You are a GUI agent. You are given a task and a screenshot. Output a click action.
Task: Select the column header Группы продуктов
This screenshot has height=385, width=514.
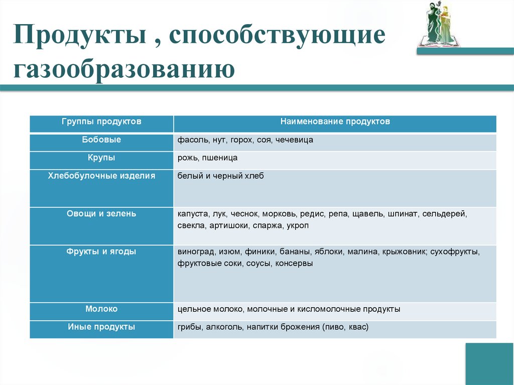tap(101, 121)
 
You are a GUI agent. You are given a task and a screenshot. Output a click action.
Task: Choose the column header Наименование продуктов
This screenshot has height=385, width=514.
tap(335, 121)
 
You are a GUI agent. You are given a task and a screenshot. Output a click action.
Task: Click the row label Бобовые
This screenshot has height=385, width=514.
tap(101, 140)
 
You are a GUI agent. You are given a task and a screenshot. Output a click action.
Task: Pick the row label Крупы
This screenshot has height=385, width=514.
tap(101, 158)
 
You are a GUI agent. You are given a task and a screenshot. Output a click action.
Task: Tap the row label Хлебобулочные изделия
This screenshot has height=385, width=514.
tap(101, 176)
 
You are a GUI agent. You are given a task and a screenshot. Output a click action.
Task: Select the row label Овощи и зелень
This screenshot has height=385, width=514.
tap(101, 213)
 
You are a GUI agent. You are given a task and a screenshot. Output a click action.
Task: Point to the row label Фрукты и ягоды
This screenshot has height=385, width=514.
tap(101, 251)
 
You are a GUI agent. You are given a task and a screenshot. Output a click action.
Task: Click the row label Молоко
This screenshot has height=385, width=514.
tap(101, 309)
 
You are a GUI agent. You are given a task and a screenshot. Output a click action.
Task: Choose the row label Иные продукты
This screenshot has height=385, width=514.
tap(101, 327)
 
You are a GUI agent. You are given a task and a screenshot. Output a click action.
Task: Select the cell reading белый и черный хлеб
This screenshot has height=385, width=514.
tap(220, 176)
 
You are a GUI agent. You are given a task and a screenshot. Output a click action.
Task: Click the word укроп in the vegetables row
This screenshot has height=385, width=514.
tap(298, 226)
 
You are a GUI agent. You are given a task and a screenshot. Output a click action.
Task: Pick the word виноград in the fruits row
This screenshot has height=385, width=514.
tap(193, 252)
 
